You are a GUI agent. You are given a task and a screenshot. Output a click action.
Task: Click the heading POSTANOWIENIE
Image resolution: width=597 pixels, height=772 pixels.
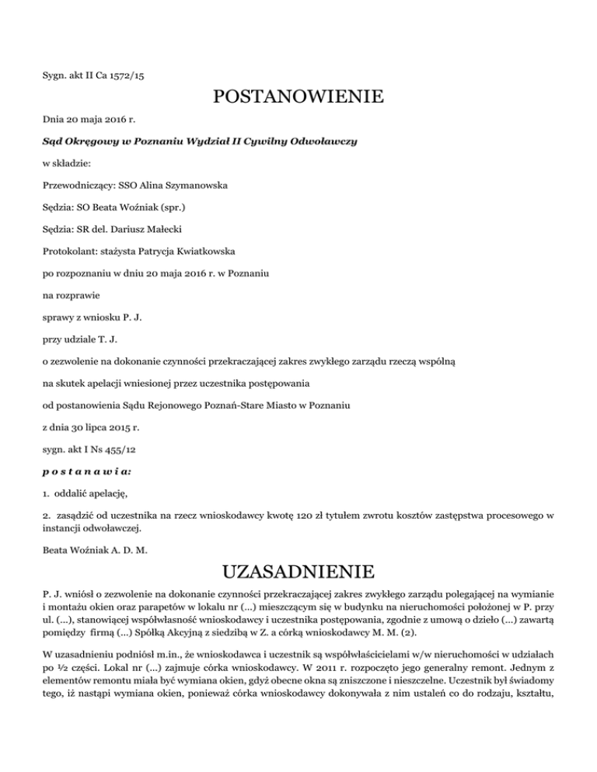(x=298, y=98)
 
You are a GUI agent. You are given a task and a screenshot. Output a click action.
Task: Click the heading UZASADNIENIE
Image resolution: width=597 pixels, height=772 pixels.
(x=298, y=576)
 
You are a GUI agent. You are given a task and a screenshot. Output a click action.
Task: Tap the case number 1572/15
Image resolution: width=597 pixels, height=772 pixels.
(x=134, y=75)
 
